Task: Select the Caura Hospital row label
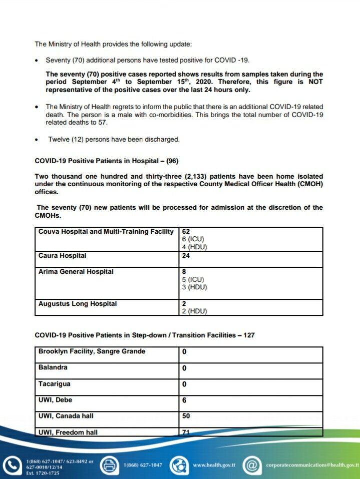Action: coord(62,256)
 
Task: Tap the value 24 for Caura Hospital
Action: coord(186,256)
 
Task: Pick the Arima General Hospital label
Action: coord(76,272)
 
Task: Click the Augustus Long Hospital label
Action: coord(77,304)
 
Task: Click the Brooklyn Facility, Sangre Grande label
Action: coord(92,351)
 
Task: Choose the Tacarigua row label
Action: coord(54,384)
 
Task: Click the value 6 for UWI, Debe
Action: coord(184,400)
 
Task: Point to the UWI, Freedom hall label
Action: coord(68,432)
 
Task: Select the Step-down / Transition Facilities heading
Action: coord(144,335)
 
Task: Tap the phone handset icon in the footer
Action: coord(11,465)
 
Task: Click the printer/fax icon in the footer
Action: coord(108,465)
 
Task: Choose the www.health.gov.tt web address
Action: coord(214,465)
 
